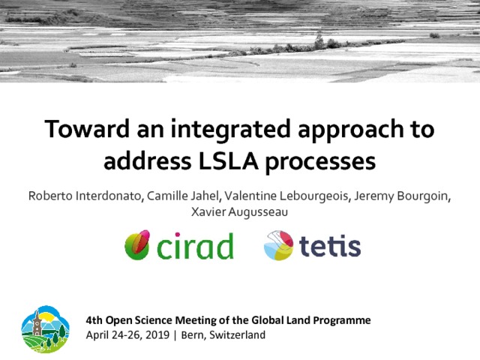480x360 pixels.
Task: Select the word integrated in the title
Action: pos(230,130)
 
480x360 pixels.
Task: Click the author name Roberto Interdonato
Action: pos(85,196)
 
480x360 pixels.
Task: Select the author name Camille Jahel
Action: pos(183,196)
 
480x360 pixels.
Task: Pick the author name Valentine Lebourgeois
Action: pos(286,196)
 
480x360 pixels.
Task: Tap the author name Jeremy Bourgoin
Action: pos(401,196)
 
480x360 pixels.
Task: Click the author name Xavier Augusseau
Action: pos(239,211)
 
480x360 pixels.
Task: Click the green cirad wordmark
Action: pos(195,246)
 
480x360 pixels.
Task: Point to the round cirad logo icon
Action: pos(137,245)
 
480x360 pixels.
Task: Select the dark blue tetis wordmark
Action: pos(330,246)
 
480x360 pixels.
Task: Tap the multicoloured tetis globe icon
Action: pos(278,245)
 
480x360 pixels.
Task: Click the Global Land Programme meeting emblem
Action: pos(45,329)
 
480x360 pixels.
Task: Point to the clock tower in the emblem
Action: pos(37,324)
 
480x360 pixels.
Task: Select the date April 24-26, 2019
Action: pos(127,335)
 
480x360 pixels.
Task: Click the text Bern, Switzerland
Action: pos(223,335)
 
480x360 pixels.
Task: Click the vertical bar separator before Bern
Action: pos(175,335)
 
